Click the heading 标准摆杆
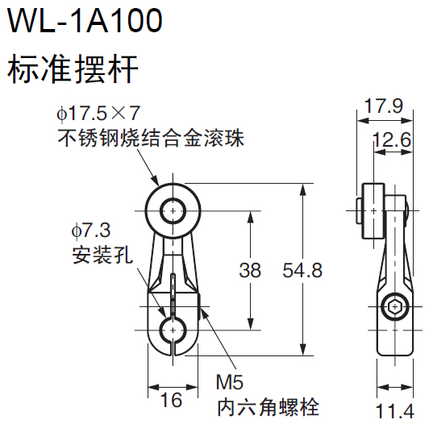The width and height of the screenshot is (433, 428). tap(73, 71)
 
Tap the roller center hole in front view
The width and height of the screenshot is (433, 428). tap(172, 211)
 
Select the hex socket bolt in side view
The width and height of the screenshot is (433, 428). tap(394, 308)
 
